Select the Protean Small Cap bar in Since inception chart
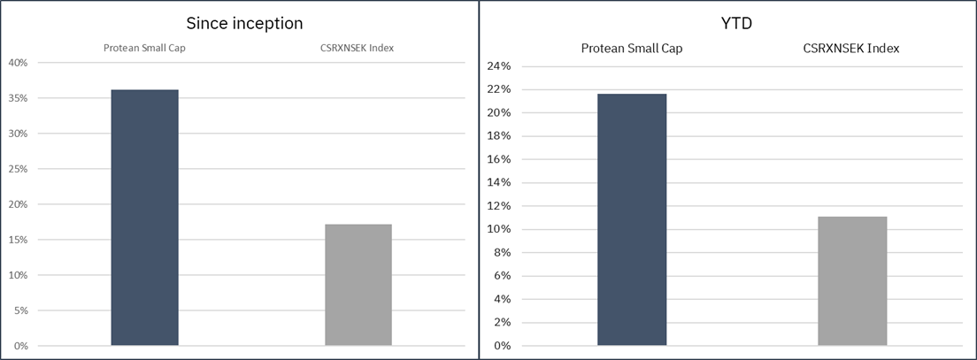pos(144,218)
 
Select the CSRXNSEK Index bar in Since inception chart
pos(358,285)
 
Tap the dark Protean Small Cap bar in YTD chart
pos(632,219)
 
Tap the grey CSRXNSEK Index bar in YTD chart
pos(852,281)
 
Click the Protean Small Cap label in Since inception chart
pos(144,48)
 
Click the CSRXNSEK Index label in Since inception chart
pos(358,48)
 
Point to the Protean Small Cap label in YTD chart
pos(631,48)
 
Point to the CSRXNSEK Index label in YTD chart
pos(852,48)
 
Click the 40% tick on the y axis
pos(18,63)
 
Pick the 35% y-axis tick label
pos(18,98)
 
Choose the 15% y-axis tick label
pos(18,240)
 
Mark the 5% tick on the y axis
pos(20,310)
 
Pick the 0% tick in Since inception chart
pos(20,346)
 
